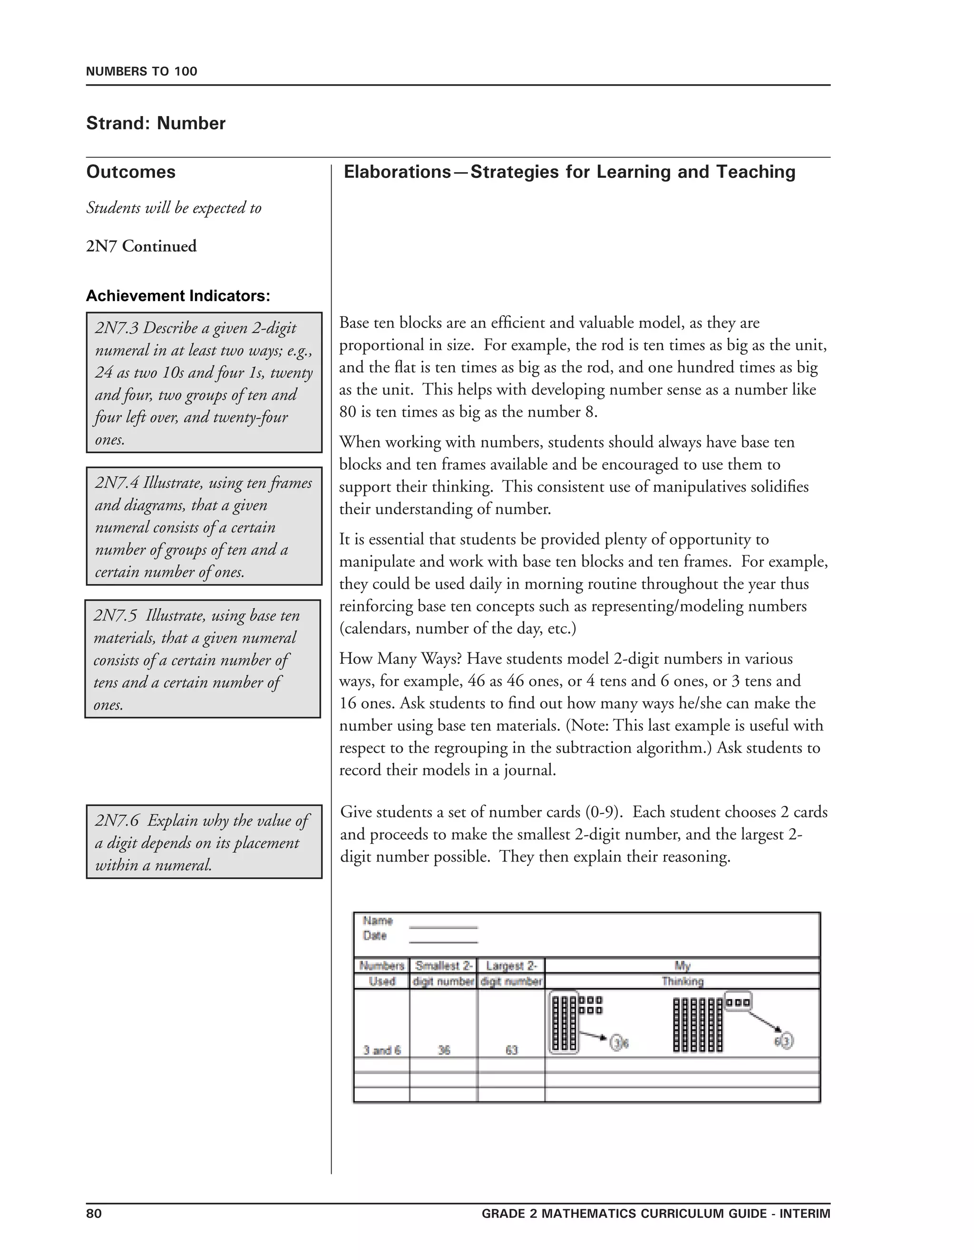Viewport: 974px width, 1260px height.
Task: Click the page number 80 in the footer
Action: (x=94, y=1213)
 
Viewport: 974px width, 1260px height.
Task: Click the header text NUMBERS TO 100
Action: (x=141, y=71)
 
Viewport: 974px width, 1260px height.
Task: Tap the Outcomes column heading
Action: (x=131, y=172)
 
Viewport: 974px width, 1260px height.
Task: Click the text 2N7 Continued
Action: (x=141, y=246)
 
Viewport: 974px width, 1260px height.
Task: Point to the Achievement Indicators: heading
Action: (x=178, y=296)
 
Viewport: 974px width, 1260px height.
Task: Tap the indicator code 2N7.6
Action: (x=117, y=820)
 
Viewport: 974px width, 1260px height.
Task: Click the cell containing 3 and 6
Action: (x=381, y=1050)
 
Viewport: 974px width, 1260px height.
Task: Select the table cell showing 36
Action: (x=444, y=1050)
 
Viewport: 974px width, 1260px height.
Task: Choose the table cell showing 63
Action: (x=511, y=1050)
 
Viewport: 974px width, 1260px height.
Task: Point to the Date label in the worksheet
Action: (x=374, y=936)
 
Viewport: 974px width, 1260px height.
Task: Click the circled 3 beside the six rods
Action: (x=788, y=1041)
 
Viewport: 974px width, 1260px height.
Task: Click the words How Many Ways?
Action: (x=400, y=659)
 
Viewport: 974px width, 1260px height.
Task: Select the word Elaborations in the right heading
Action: (x=397, y=172)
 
